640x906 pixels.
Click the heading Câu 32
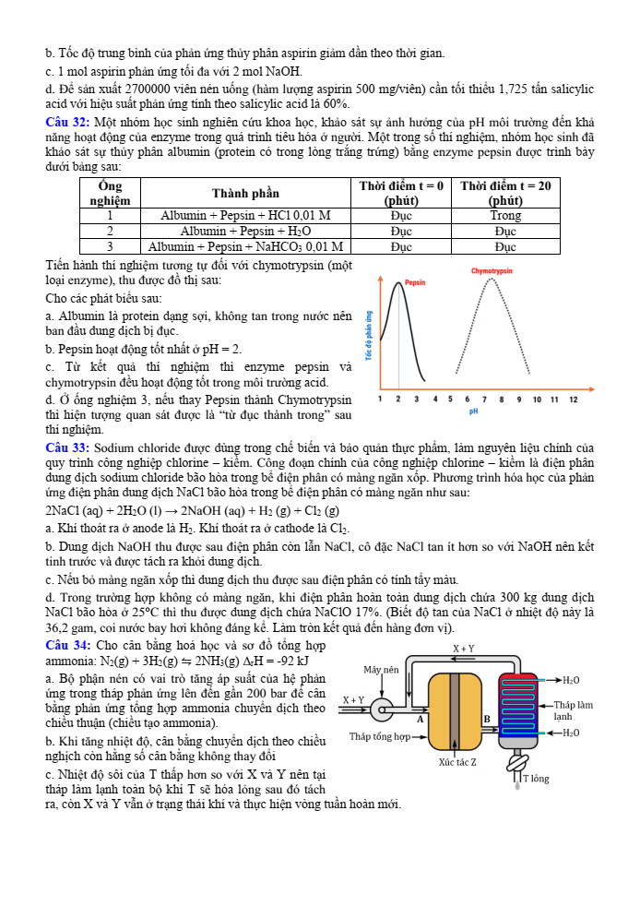[x=66, y=123]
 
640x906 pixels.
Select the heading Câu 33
[x=66, y=448]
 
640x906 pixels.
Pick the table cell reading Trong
[x=505, y=215]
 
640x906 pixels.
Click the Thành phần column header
[x=245, y=193]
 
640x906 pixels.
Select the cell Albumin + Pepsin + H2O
[x=245, y=231]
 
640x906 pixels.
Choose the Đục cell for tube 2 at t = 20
[x=505, y=231]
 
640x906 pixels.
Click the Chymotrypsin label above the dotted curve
[x=492, y=271]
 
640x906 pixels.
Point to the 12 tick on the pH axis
[x=573, y=399]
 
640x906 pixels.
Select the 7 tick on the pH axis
[x=485, y=399]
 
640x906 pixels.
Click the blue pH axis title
[x=473, y=411]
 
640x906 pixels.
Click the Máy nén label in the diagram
[x=381, y=669]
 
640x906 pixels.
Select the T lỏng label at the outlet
[x=536, y=778]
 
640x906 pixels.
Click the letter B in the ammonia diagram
[x=487, y=718]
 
